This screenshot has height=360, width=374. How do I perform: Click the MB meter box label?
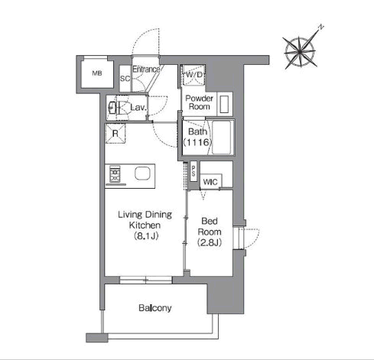tap(97, 73)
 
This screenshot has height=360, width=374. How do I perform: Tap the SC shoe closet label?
tap(125, 79)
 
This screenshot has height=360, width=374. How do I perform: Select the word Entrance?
tap(146, 70)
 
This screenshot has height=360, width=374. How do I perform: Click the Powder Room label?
tap(200, 102)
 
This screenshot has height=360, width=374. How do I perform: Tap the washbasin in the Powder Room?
tap(225, 104)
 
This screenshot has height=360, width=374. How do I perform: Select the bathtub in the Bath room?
tap(222, 138)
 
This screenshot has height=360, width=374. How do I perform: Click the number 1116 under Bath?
tap(197, 142)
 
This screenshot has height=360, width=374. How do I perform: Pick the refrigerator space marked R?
tap(115, 133)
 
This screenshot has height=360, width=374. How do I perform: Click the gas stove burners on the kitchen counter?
tap(115, 174)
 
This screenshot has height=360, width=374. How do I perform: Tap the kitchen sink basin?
tap(142, 174)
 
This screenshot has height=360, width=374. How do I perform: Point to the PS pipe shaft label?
tap(194, 171)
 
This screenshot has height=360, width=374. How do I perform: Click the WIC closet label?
tap(210, 182)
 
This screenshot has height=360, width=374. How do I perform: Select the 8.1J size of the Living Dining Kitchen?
tap(146, 236)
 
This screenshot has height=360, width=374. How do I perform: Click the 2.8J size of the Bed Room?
tap(210, 242)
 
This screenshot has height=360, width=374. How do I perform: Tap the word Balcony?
tap(155, 308)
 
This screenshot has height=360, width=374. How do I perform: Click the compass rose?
tap(301, 52)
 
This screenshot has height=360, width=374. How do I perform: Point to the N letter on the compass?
tap(321, 27)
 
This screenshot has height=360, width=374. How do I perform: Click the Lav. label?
tap(138, 107)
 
